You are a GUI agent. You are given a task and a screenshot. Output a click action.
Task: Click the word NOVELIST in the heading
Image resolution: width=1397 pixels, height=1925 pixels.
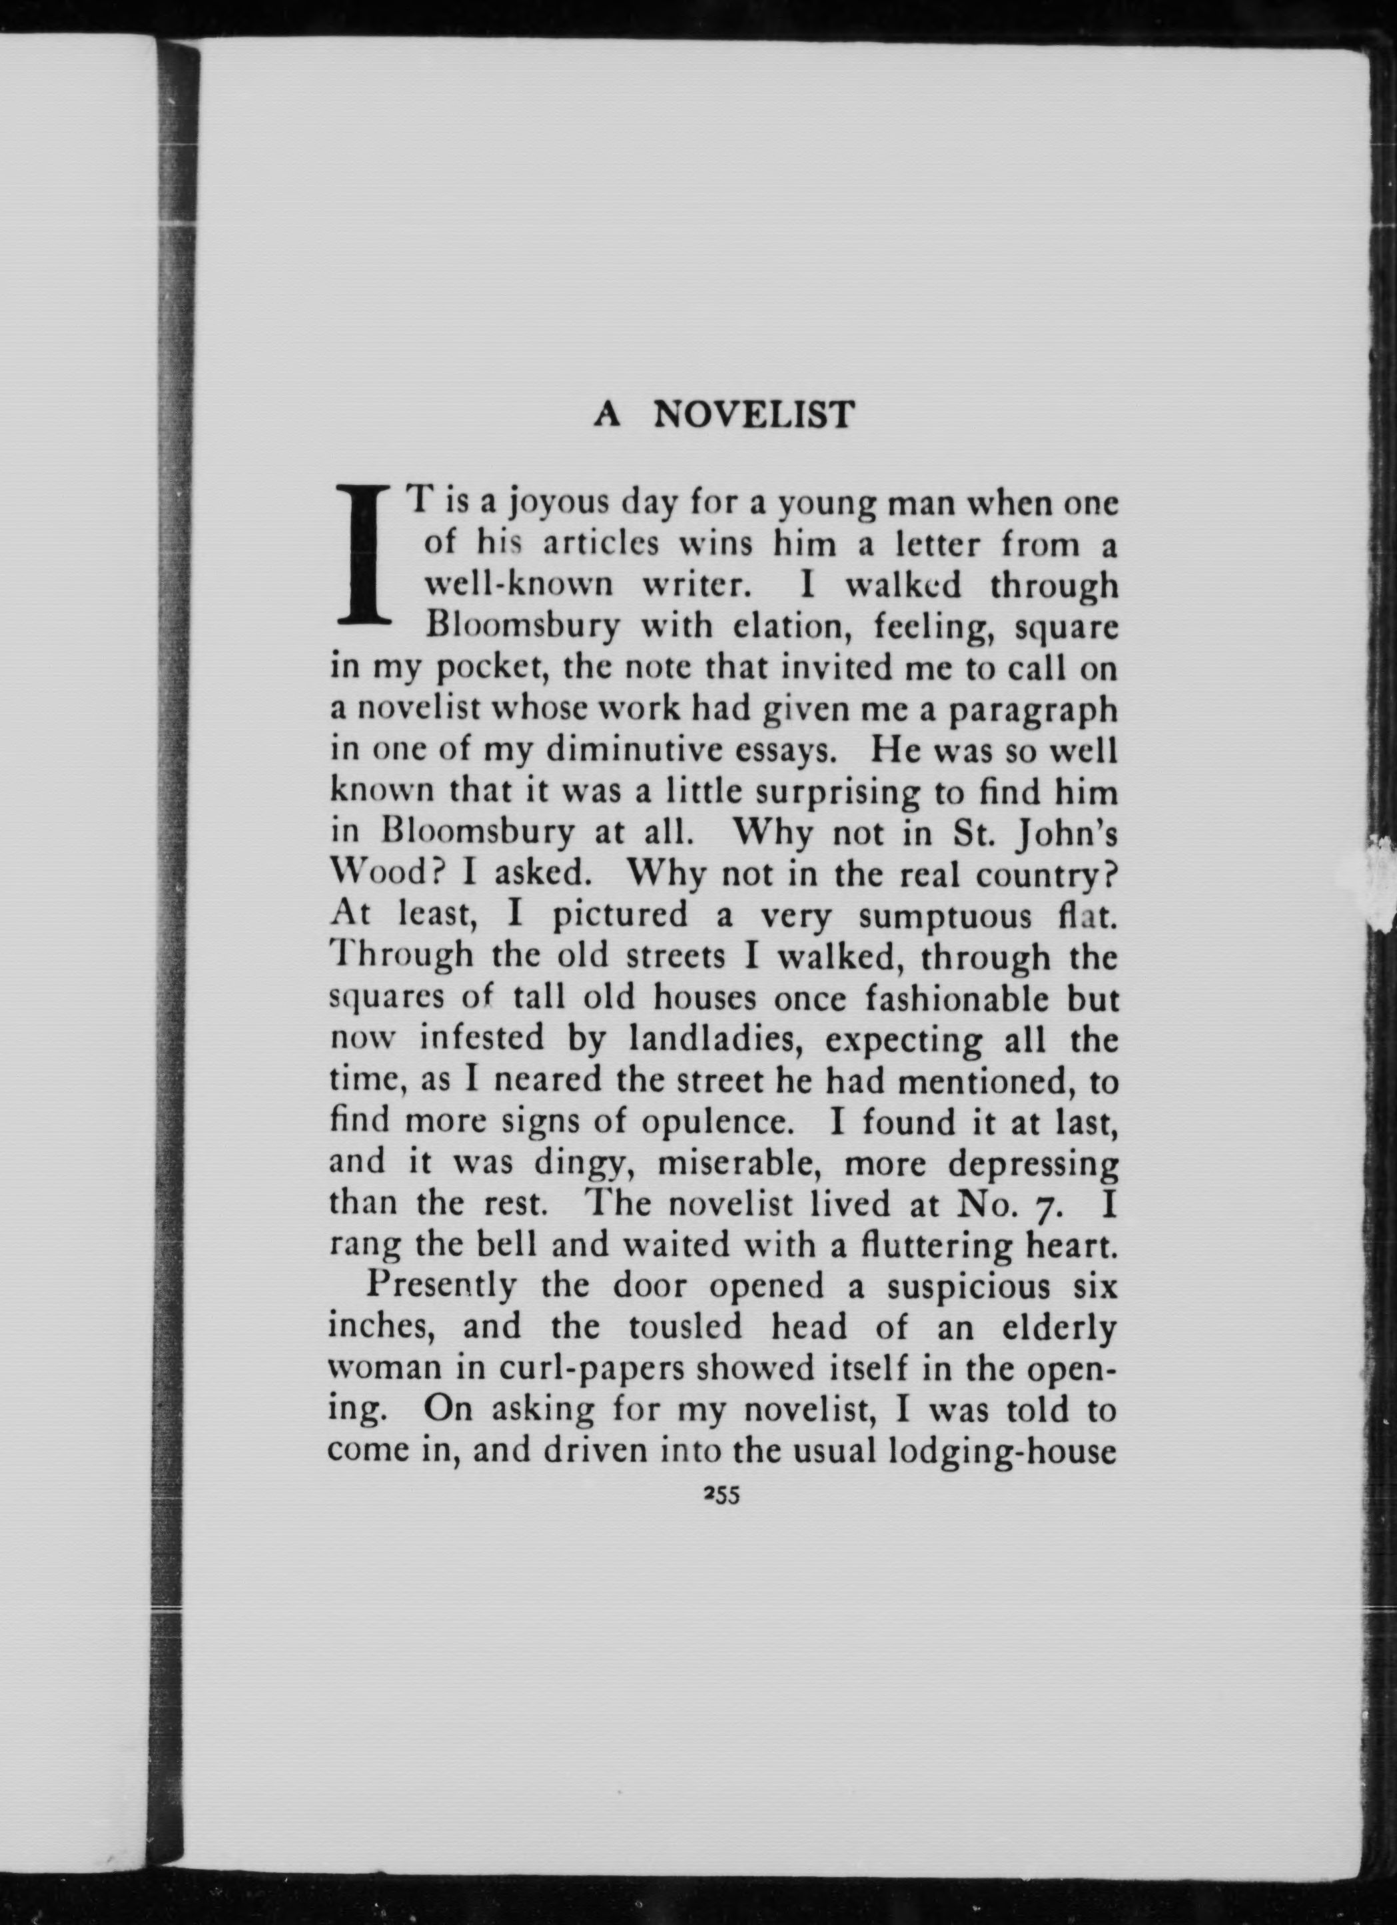point(753,414)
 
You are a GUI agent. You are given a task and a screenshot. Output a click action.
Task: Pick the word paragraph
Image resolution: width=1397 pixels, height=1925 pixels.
point(1032,710)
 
